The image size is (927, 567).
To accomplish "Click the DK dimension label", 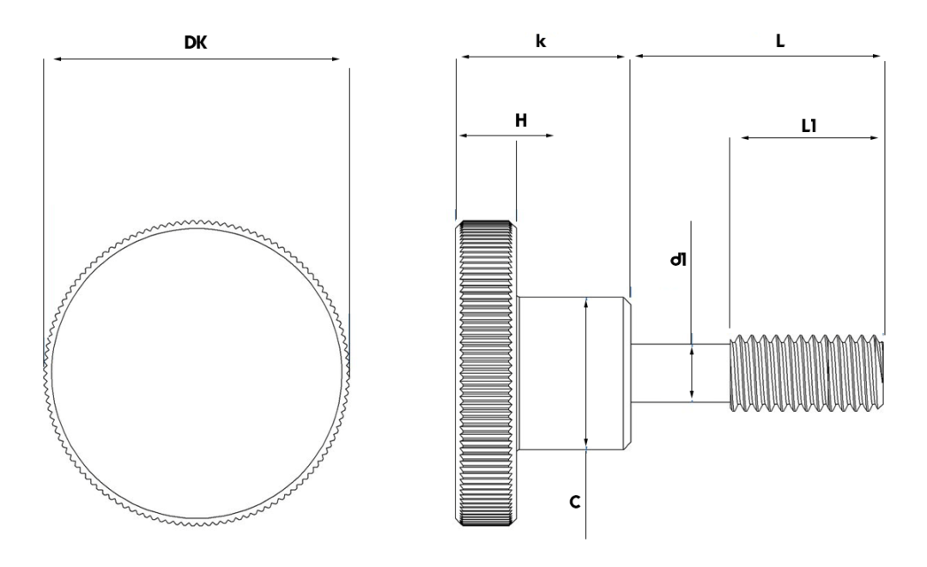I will tap(197, 42).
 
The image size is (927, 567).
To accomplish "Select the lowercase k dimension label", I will tap(542, 41).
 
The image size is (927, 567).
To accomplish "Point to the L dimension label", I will tap(780, 40).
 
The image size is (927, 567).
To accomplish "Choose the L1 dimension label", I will tap(808, 125).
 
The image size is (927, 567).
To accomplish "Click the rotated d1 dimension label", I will tap(676, 256).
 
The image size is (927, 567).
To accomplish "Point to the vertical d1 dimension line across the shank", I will tap(692, 372).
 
